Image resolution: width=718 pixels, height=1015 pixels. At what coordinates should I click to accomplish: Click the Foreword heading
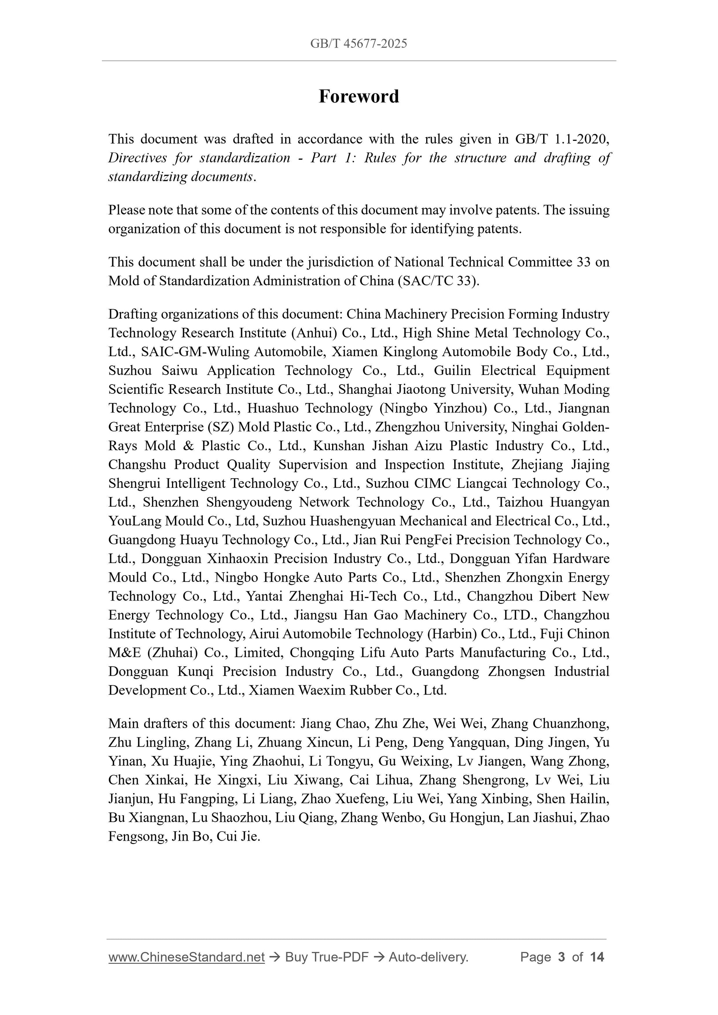(359, 96)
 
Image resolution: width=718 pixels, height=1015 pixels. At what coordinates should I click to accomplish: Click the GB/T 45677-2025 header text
(359, 44)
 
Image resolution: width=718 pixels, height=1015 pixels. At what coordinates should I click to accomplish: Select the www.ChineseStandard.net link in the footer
(186, 957)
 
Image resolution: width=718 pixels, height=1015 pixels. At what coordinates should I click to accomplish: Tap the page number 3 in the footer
(562, 957)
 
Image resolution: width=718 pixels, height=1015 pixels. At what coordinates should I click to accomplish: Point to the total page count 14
(597, 957)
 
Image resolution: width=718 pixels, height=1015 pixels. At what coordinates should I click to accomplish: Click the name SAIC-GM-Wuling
(195, 351)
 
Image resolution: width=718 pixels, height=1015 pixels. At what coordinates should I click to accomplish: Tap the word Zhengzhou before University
(473, 427)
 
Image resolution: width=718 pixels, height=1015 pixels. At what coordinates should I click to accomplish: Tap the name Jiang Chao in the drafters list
(334, 723)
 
